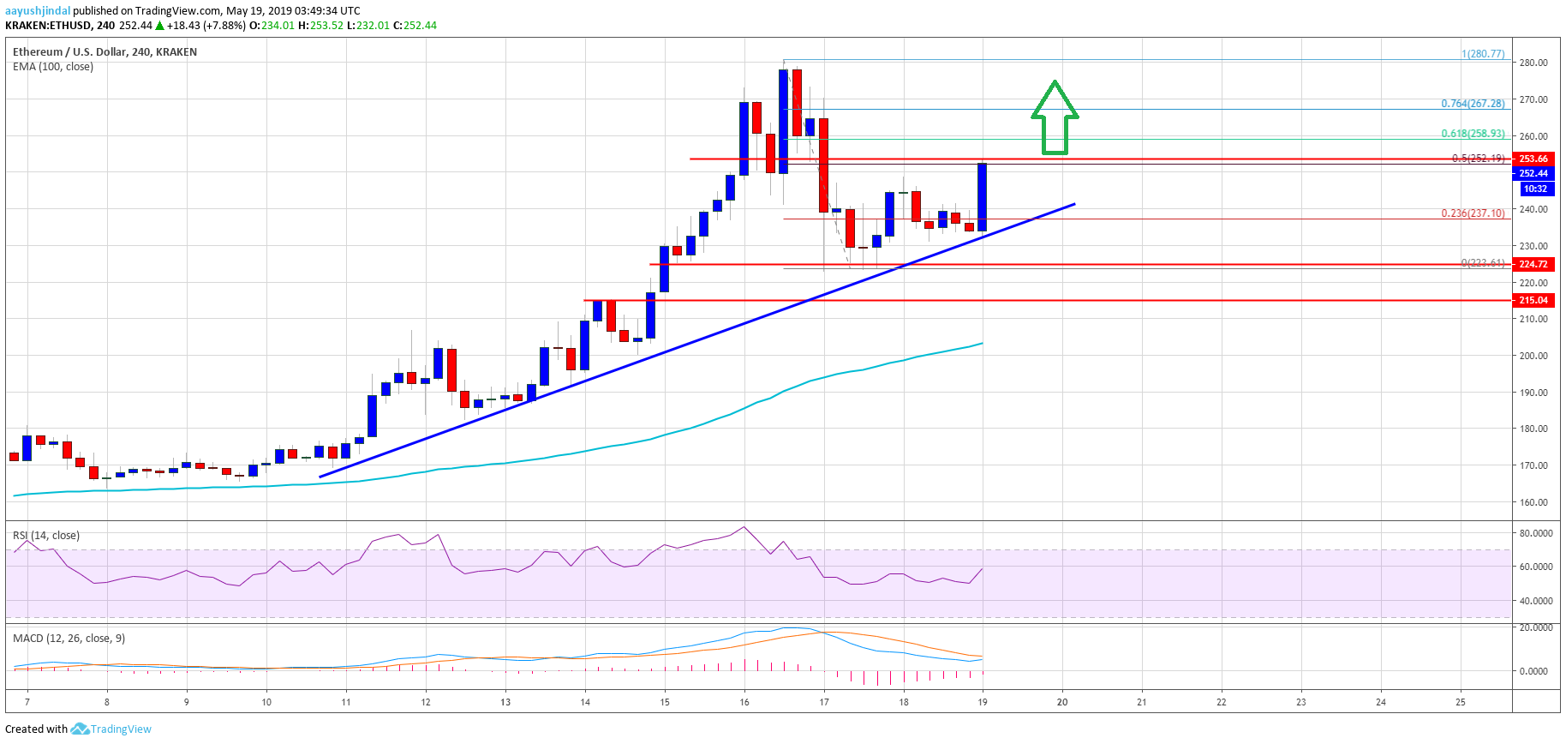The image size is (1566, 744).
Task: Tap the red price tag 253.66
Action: click(1533, 159)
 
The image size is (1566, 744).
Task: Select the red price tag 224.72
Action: click(1533, 264)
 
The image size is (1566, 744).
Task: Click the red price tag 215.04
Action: click(1533, 300)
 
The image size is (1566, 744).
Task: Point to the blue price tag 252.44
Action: click(1533, 173)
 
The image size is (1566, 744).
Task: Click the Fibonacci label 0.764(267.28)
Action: click(1472, 104)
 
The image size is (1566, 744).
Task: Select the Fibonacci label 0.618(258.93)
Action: click(1472, 134)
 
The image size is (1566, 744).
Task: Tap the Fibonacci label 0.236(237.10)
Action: click(1472, 213)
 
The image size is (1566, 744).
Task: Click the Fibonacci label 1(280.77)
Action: click(1482, 54)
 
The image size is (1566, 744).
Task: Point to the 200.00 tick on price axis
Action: click(1533, 356)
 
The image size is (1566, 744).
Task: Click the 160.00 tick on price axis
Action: click(1533, 502)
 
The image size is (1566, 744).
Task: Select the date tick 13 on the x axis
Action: click(505, 702)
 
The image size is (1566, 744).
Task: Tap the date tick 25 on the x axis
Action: click(1461, 702)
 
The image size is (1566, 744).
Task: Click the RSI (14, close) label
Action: click(46, 536)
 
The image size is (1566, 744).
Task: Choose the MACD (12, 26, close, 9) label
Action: click(69, 639)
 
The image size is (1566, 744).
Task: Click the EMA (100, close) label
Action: click(53, 67)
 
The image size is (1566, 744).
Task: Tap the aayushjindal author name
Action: click(38, 11)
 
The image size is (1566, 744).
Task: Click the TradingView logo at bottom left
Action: click(111, 729)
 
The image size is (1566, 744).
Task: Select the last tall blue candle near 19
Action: click(982, 197)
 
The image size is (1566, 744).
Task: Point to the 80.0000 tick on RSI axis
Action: click(1535, 533)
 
